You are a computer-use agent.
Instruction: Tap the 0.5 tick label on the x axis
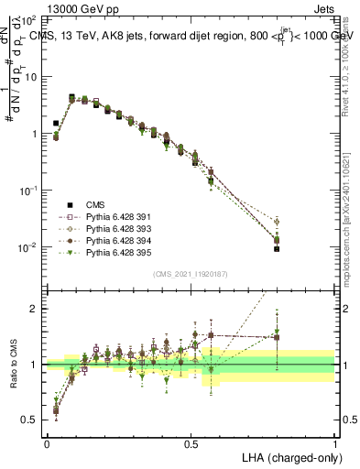point(191,443)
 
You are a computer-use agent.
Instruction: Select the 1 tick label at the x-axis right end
point(335,443)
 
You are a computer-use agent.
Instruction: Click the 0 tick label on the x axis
point(47,443)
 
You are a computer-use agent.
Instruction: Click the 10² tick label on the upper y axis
point(27,18)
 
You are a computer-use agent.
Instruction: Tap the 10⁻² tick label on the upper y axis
point(27,247)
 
